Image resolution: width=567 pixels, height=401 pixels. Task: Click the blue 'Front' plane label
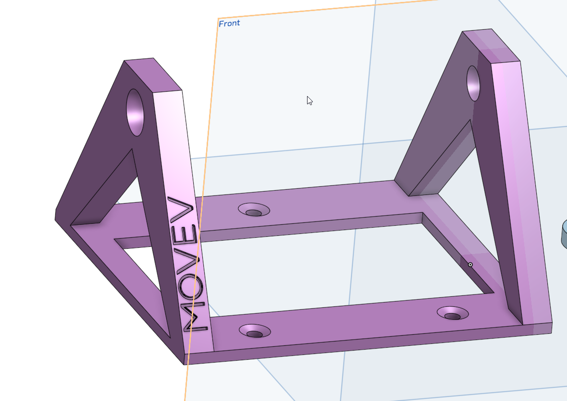pos(229,24)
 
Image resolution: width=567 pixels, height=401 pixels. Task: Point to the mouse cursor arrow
pos(309,101)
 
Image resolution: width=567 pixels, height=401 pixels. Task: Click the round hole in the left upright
pos(135,112)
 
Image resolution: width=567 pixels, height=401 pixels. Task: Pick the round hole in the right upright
pos(473,83)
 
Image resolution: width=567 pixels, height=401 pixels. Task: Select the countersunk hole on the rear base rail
pos(254,209)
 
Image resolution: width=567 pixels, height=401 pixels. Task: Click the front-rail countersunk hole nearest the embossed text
pos(255,331)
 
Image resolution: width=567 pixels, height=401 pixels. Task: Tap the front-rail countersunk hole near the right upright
pos(453,313)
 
